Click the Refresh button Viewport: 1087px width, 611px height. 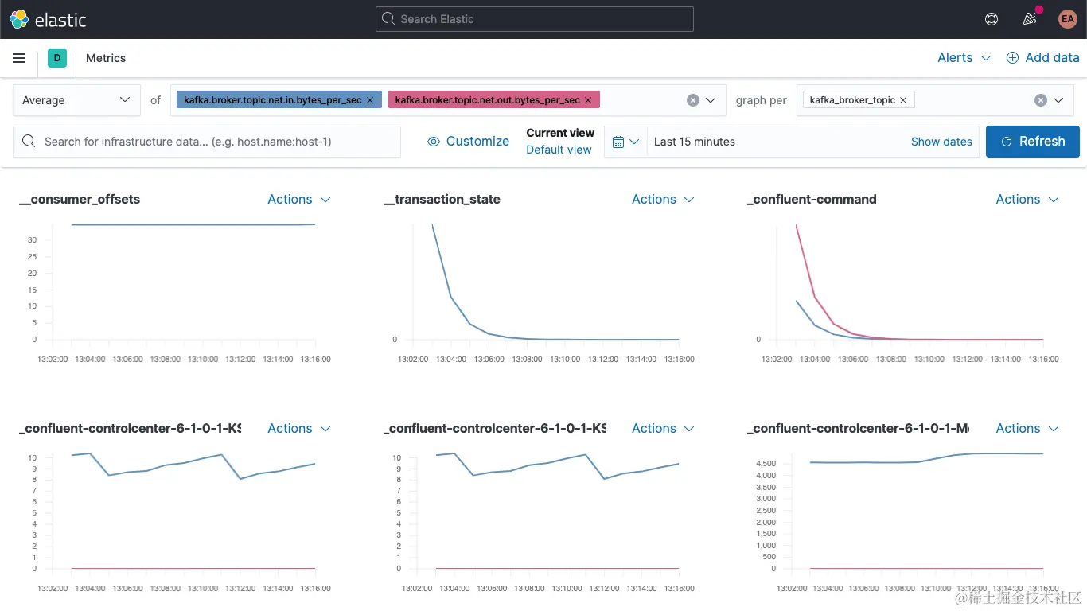click(x=1032, y=142)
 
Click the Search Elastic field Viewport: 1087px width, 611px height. click(x=534, y=19)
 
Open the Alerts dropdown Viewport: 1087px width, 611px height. click(x=964, y=58)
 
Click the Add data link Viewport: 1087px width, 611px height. click(x=1042, y=58)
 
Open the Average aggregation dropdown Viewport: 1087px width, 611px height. click(x=76, y=100)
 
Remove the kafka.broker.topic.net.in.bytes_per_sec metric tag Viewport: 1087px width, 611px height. click(x=370, y=100)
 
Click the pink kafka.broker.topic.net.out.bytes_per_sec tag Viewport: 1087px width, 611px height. click(x=487, y=100)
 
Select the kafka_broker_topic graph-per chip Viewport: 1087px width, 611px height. click(x=852, y=100)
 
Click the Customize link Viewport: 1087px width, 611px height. click(x=468, y=142)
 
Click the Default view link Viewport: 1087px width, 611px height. click(x=559, y=150)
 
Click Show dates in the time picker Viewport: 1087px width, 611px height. click(x=941, y=142)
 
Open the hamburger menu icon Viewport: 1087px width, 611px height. click(x=19, y=58)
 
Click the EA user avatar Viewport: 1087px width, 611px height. click(x=1067, y=19)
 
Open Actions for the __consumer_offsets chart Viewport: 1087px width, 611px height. click(x=298, y=200)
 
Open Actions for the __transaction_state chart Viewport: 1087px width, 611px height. click(x=663, y=200)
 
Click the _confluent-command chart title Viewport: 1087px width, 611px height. click(x=812, y=200)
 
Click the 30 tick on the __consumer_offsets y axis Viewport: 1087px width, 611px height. click(x=32, y=239)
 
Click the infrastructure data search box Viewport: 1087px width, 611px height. click(x=207, y=142)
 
